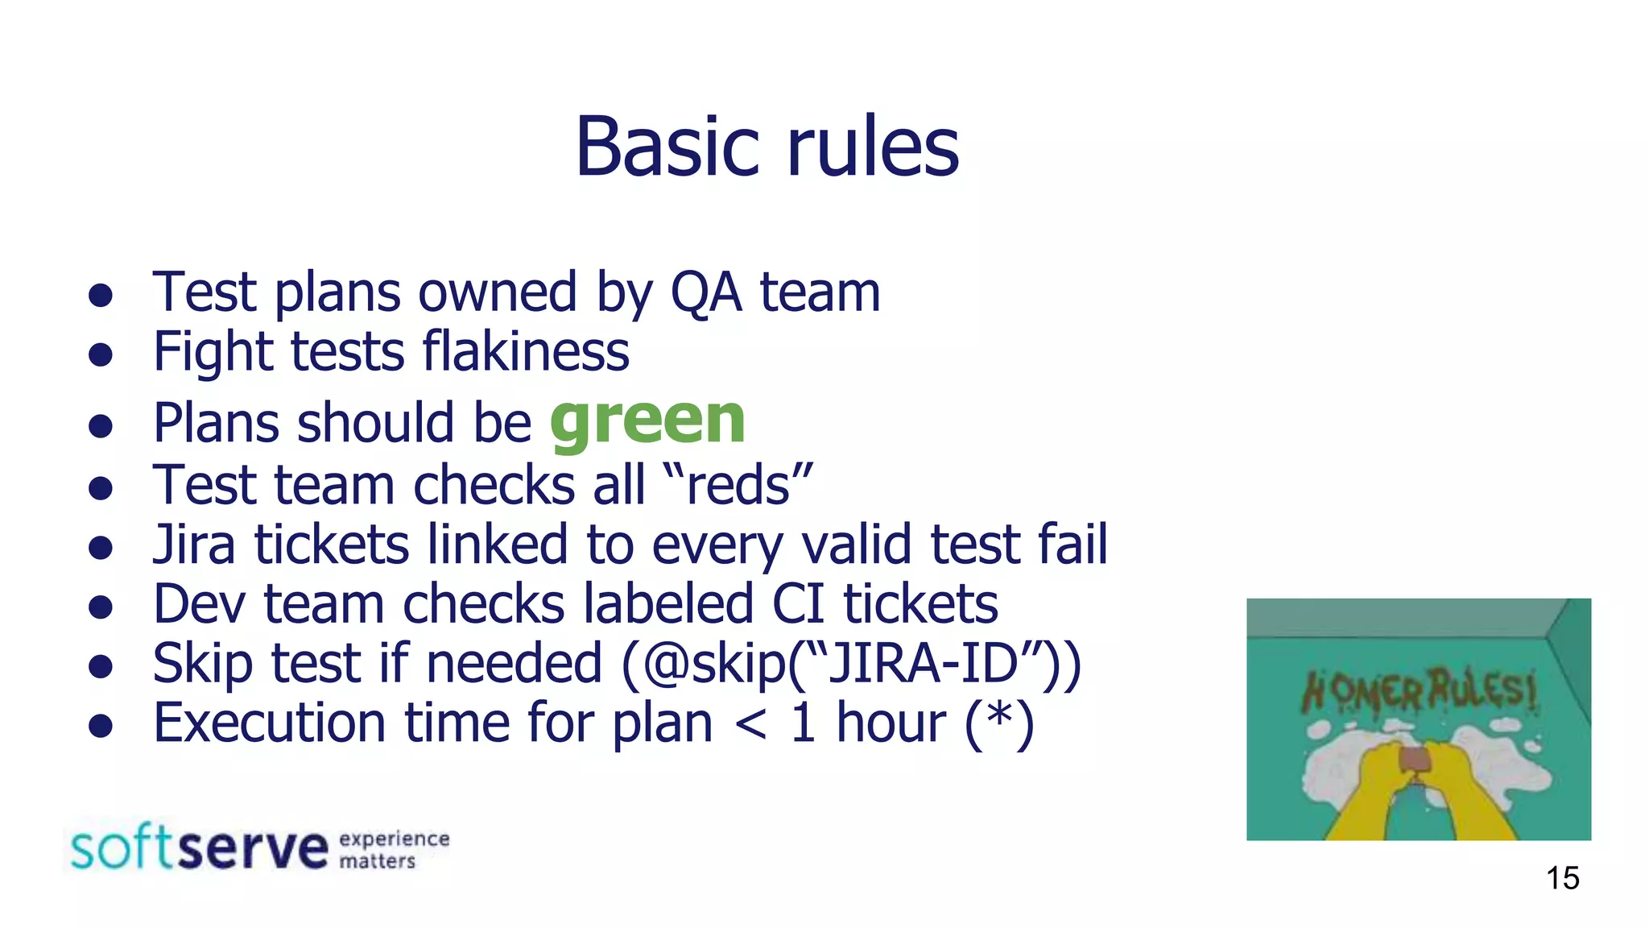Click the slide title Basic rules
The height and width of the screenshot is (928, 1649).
pos(767,147)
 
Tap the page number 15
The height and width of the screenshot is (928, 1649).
pos(1562,878)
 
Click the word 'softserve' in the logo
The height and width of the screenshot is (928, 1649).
pos(199,847)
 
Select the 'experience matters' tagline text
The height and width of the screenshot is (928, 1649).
pos(394,850)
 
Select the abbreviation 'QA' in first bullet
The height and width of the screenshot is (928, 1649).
pos(705,292)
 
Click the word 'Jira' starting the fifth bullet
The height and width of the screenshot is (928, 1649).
pos(194,545)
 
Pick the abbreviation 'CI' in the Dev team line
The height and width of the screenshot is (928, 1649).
pos(798,604)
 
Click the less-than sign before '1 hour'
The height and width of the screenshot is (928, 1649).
pos(750,723)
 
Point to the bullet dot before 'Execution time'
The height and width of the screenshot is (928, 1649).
pos(100,726)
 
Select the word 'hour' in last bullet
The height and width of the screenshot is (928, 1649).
pos(891,723)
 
